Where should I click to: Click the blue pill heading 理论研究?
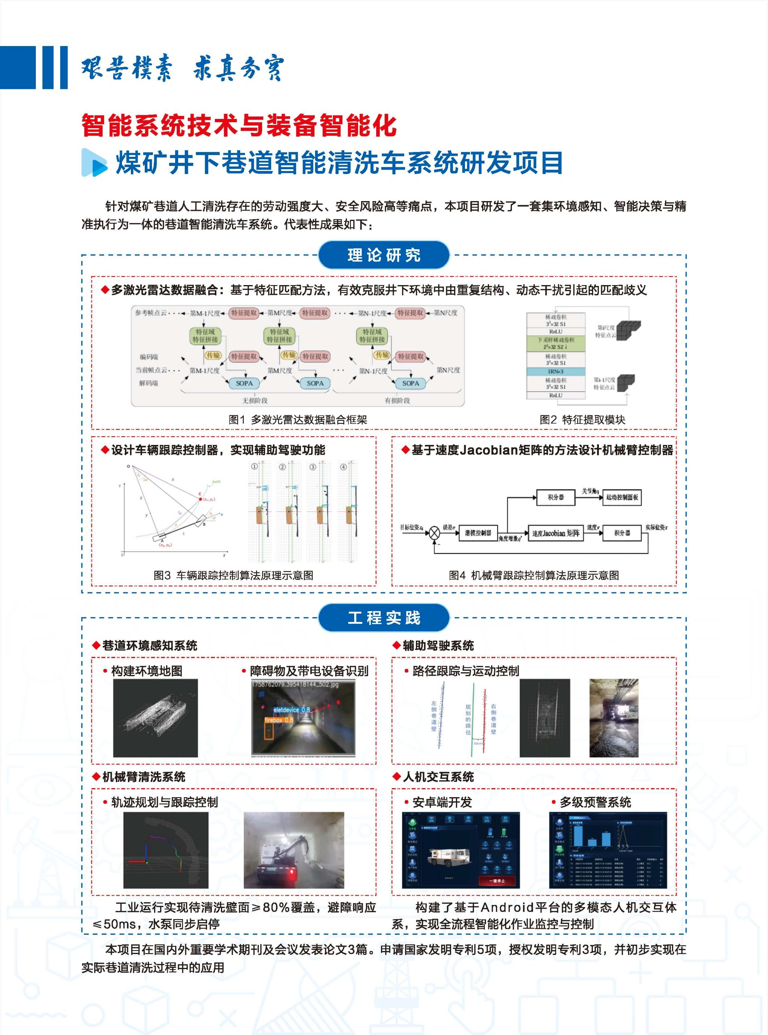tap(384, 255)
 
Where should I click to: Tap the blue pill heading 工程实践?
tap(384, 617)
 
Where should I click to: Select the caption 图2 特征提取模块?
tap(582, 419)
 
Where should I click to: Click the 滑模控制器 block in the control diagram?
tap(478, 533)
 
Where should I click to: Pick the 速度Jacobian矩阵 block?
tap(555, 533)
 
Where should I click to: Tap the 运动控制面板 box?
tap(622, 497)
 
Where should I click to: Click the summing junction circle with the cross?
tap(434, 533)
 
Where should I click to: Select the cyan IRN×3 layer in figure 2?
tap(555, 371)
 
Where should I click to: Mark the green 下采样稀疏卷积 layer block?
tap(555, 343)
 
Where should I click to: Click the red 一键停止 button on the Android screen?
tap(496, 881)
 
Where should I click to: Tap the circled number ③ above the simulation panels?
tap(313, 467)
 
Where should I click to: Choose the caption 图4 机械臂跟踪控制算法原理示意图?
tap(534, 575)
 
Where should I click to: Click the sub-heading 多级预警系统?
tap(595, 802)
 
